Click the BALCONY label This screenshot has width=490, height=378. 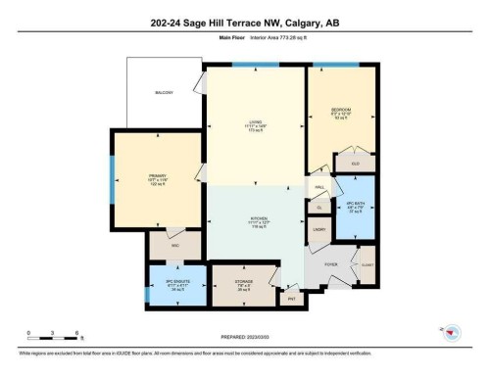click(x=165, y=93)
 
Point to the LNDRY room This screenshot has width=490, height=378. click(x=319, y=228)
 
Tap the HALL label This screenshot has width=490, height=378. click(x=319, y=186)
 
